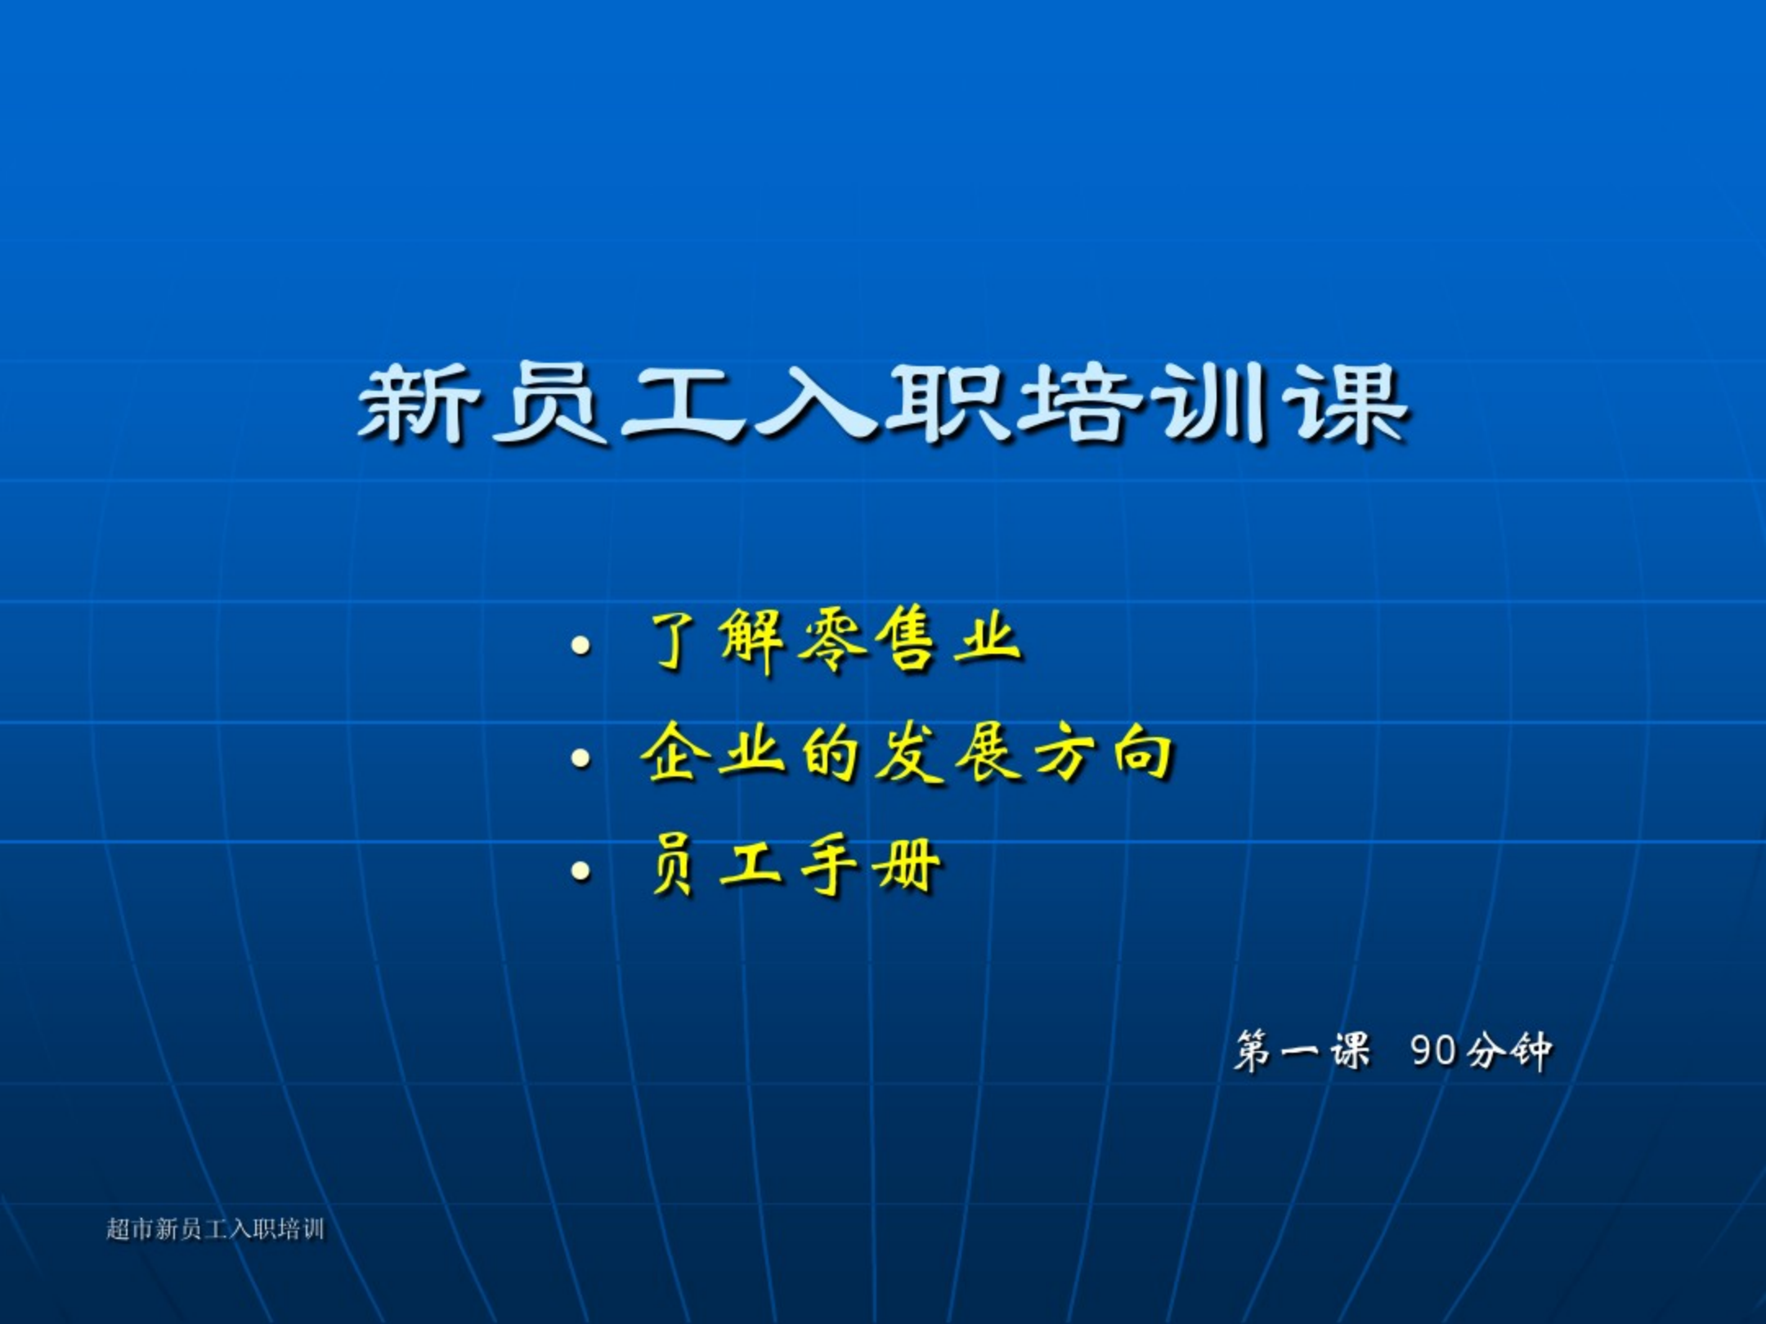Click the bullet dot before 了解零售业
tap(581, 646)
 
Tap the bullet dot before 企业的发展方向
tap(581, 758)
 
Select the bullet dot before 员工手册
tap(581, 871)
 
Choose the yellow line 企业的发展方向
tap(908, 754)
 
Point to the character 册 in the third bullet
tap(907, 866)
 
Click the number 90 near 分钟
tap(1434, 1050)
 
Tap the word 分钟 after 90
tap(1509, 1050)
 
